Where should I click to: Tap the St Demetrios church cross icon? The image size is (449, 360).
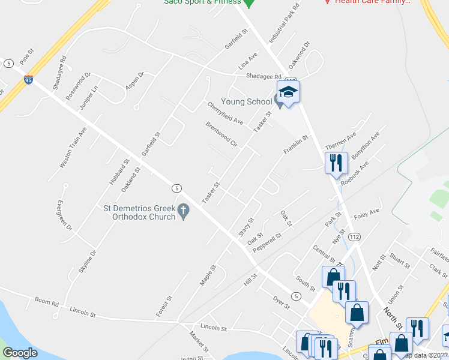point(184,211)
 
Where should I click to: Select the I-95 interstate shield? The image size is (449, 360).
point(28,79)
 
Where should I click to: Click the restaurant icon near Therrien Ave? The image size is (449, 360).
point(335,162)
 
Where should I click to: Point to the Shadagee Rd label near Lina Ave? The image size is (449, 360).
point(264,76)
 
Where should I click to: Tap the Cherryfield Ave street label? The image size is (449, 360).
point(225,113)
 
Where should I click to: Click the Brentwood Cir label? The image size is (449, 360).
point(221,135)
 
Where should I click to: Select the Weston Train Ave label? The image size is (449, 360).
point(73,146)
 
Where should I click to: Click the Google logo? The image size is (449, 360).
point(20,353)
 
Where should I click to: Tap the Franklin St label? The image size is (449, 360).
point(297,146)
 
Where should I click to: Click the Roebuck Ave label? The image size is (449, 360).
point(354,172)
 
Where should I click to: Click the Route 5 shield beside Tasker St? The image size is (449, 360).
point(176,188)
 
